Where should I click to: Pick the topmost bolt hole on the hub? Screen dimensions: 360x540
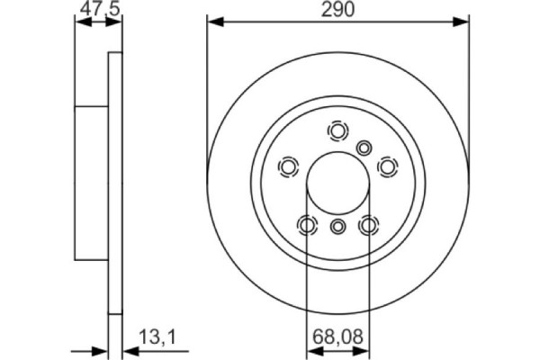pos(337,132)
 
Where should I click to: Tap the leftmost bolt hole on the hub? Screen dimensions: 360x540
pos(289,166)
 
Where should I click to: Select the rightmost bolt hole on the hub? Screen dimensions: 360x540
pos(387,166)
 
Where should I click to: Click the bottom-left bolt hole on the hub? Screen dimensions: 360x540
pos(307,225)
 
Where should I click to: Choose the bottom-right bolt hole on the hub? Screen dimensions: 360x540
pos(368,225)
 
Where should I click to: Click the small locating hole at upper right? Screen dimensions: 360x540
pos(364,147)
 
